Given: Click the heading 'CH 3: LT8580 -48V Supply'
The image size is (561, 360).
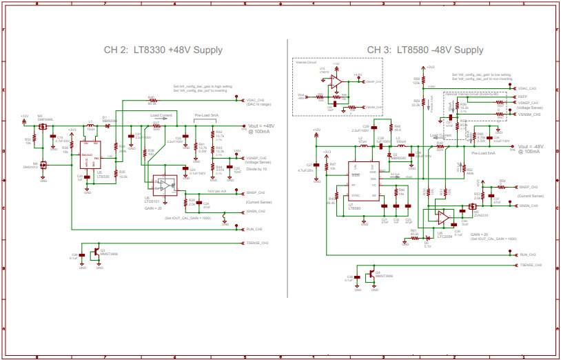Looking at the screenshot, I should pos(425,50).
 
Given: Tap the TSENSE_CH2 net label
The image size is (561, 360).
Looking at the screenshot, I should pos(257,243).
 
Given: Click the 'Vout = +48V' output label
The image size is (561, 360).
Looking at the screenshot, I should pos(260,128).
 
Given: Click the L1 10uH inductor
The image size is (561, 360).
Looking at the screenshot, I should pos(90,126).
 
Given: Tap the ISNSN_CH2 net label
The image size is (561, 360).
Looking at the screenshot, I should pos(256,212).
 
